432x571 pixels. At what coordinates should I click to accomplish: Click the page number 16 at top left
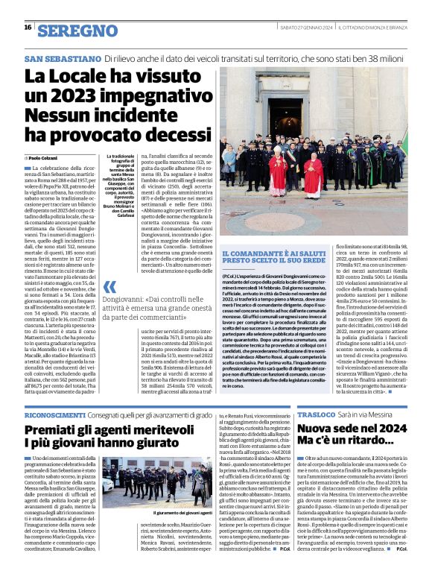[28, 28]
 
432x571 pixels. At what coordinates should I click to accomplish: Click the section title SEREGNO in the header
[73, 31]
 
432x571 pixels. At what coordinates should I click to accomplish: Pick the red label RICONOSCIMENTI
[54, 414]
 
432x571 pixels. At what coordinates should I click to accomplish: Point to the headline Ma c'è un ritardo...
[343, 447]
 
